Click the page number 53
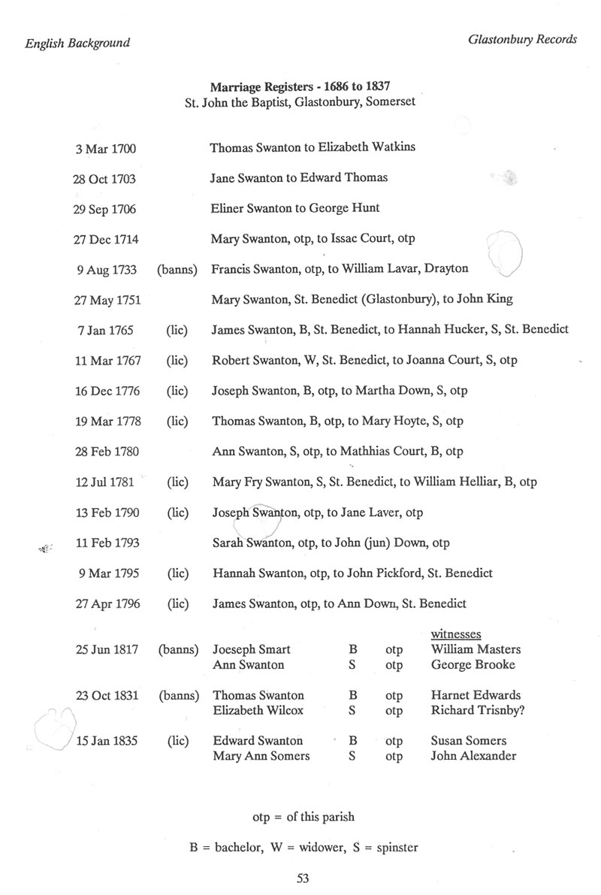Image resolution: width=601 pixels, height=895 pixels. point(304,878)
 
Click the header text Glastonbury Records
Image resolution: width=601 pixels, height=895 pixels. point(521,40)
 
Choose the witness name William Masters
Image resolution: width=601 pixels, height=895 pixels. point(476,649)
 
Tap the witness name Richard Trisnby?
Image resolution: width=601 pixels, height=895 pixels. point(478,710)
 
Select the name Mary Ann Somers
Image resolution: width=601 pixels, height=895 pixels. point(261,756)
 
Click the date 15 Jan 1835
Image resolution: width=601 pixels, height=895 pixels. point(107,742)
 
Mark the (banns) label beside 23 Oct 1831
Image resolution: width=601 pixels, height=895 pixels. point(178,696)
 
